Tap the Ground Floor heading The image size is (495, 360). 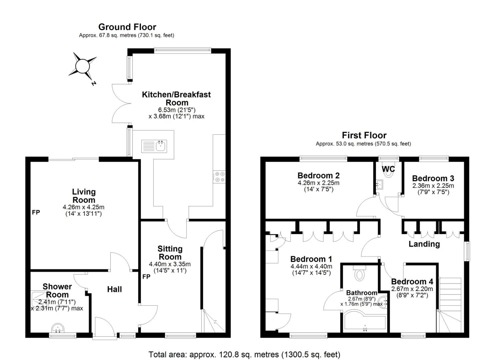coord(127,27)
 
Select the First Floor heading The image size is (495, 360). coord(364,135)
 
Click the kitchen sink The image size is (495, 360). coord(161,146)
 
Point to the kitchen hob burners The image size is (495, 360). coord(219,177)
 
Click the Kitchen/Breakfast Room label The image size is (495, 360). coord(176,98)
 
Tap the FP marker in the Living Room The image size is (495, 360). coord(36,212)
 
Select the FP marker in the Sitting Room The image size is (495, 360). coord(146,277)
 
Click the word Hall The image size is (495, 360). coord(114,289)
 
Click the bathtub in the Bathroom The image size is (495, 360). coord(364,322)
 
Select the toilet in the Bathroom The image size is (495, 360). coord(359,274)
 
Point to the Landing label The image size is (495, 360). coord(424,244)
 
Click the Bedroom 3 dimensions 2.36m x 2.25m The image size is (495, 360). coord(433,186)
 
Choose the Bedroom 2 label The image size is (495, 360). coord(318,175)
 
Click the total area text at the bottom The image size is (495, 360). coord(244,354)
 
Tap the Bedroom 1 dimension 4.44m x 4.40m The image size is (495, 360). coord(311,266)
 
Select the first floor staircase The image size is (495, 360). coord(450,305)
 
